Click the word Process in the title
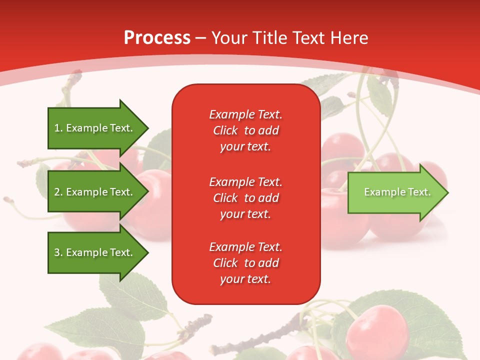click(x=157, y=38)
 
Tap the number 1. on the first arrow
click(x=58, y=128)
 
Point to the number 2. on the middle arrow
click(x=58, y=192)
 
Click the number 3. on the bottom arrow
click(x=58, y=252)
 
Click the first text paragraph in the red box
click(x=245, y=130)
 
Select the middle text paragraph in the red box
click(x=245, y=198)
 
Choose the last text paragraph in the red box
click(x=245, y=263)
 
